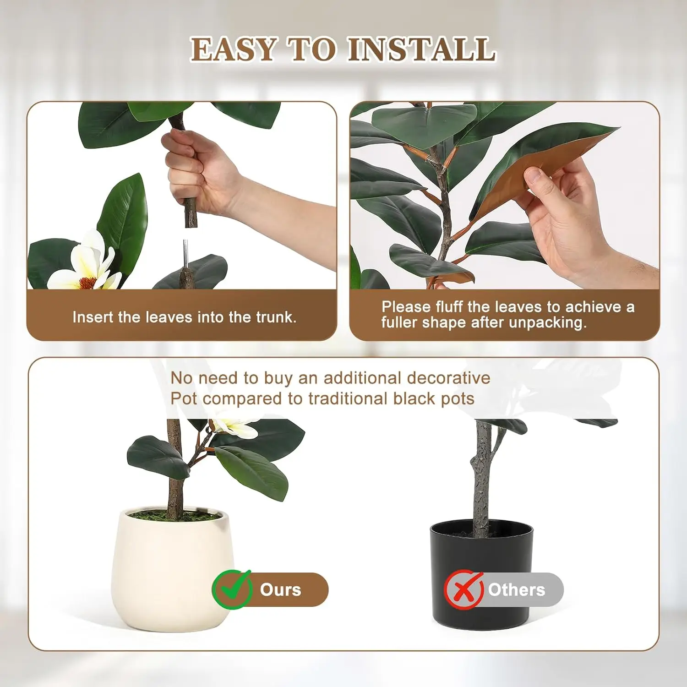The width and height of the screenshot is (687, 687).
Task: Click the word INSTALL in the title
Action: click(421, 49)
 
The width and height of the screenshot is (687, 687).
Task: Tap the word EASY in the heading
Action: click(233, 49)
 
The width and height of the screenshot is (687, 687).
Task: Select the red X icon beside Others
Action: click(463, 589)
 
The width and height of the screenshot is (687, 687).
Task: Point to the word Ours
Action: click(280, 590)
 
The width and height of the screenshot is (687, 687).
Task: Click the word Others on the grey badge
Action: click(516, 590)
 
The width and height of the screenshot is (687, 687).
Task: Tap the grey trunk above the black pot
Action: click(481, 481)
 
